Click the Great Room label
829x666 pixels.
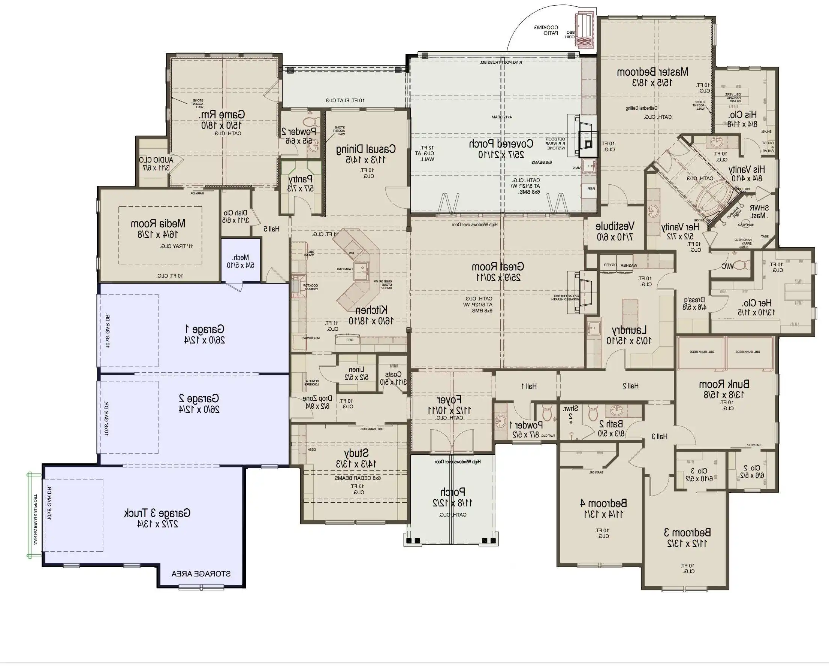[x=498, y=266]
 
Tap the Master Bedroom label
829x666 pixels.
[x=652, y=72]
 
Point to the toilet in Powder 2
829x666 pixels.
[x=311, y=122]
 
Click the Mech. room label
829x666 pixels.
[x=241, y=257]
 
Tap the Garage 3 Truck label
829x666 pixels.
[x=157, y=513]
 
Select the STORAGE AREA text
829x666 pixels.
[x=201, y=574]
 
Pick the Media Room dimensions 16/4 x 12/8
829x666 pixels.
[x=158, y=234]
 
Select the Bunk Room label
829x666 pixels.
[x=724, y=384]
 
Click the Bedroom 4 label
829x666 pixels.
[x=603, y=503]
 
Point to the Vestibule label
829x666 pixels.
[x=615, y=226]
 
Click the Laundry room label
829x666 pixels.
[x=629, y=330]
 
